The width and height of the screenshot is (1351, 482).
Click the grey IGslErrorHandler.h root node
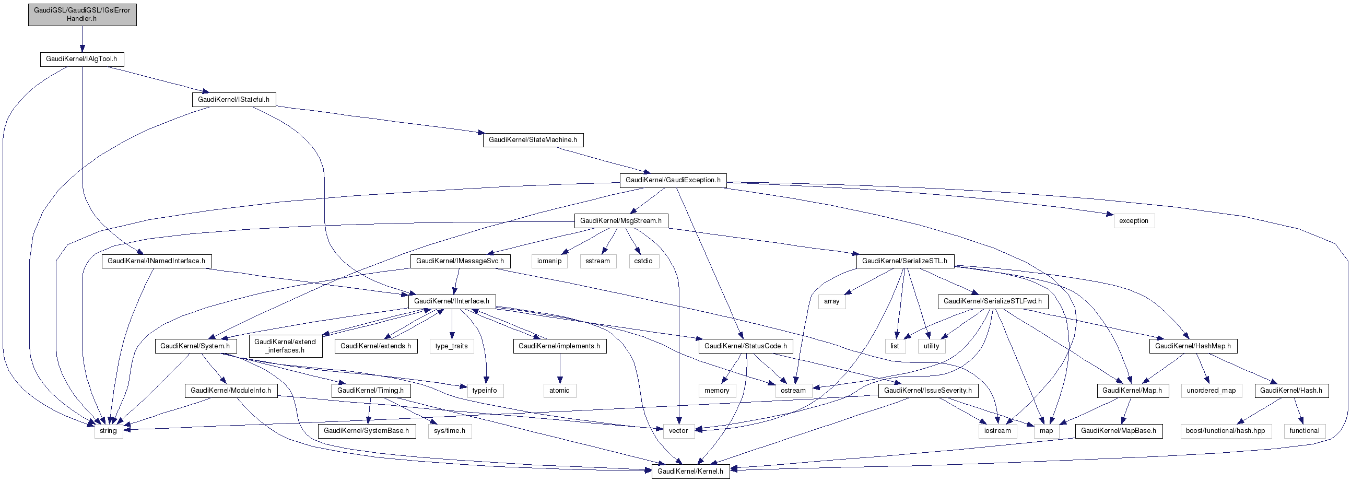point(83,15)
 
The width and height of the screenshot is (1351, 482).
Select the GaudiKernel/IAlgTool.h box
point(82,59)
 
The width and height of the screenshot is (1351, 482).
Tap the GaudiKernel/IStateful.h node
point(234,100)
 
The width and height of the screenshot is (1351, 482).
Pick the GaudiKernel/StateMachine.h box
point(533,140)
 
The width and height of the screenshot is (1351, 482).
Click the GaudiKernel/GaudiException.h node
point(673,180)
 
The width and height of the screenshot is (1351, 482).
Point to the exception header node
point(1134,221)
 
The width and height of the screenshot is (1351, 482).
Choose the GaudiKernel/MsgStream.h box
point(621,221)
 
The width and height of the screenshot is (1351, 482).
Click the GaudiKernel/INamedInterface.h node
point(156,261)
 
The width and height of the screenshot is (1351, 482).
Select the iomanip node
point(549,261)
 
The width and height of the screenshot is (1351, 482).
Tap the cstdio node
point(643,261)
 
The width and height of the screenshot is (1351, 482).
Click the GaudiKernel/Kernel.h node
point(690,472)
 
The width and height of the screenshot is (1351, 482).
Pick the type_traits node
point(452,346)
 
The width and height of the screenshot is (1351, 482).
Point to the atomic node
point(560,391)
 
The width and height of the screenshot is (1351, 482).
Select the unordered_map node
point(1211,391)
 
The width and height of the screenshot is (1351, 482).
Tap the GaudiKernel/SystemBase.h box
point(367,431)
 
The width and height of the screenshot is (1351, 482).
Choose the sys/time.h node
point(450,431)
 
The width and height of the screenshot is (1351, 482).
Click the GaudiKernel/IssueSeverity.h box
point(928,391)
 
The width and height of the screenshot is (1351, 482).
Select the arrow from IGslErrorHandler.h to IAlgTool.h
point(82,39)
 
